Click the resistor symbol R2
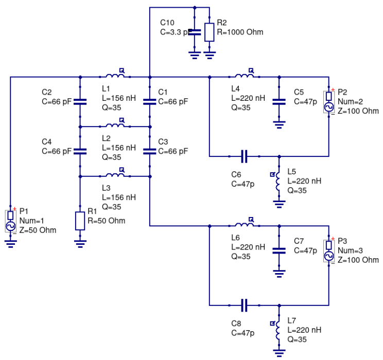210,32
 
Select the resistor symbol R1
80,220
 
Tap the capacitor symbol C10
195,32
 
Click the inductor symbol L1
115,77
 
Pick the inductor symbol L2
115,126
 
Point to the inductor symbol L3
115,175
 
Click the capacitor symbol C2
80,101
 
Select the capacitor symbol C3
149,151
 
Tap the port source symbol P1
10,220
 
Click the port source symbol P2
328,101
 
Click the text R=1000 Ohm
240,32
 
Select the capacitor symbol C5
278,101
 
